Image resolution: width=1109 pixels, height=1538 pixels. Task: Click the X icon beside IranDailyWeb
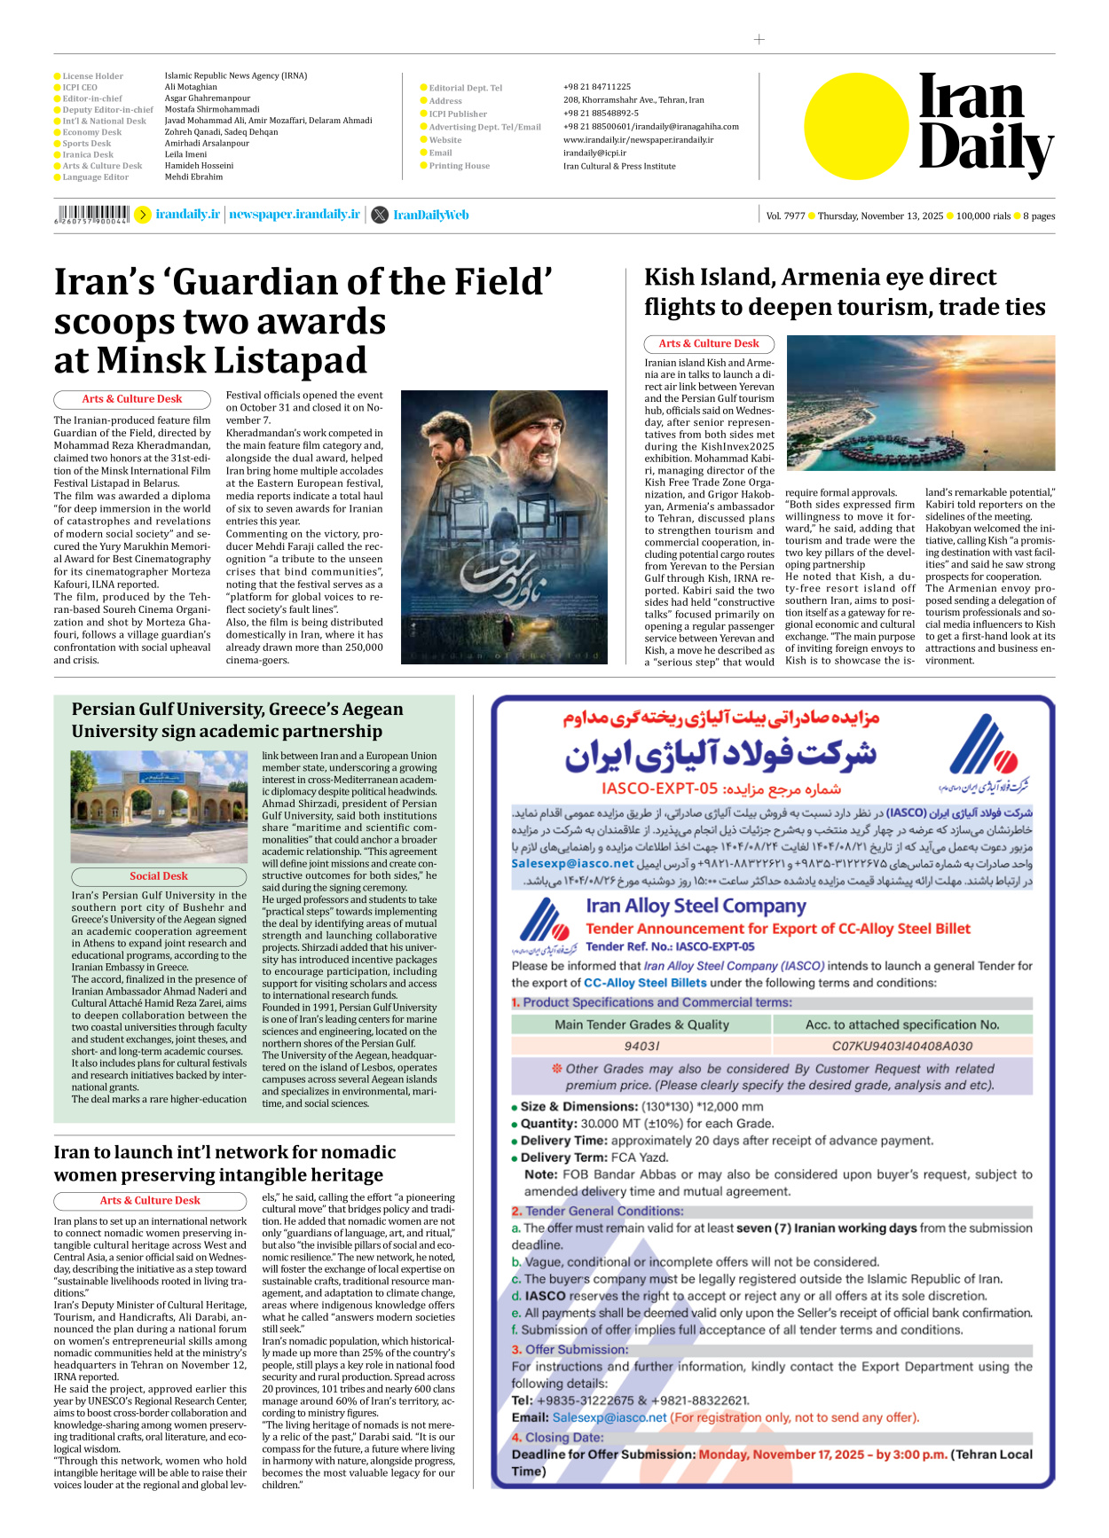pyautogui.click(x=380, y=215)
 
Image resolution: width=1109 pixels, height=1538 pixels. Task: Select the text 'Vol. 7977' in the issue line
pyautogui.click(x=786, y=216)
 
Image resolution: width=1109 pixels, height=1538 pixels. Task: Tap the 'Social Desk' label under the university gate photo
pyautogui.click(x=159, y=875)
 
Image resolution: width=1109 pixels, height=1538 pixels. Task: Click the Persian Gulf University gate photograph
pyautogui.click(x=159, y=805)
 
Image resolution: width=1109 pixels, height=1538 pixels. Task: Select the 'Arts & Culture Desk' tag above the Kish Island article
pyautogui.click(x=708, y=343)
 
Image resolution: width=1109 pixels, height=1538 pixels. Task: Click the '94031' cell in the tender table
pyautogui.click(x=641, y=1046)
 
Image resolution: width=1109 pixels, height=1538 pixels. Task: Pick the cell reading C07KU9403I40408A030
pyautogui.click(x=901, y=1046)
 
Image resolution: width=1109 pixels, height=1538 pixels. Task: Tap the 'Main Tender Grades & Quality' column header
pyautogui.click(x=641, y=1024)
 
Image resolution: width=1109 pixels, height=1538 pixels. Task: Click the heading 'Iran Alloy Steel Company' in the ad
pyautogui.click(x=696, y=906)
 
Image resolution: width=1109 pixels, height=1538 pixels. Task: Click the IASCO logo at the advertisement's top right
pyautogui.click(x=985, y=751)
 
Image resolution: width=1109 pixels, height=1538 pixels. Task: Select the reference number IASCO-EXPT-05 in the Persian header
pyautogui.click(x=659, y=789)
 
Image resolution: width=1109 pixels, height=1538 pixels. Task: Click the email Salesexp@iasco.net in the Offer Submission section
pyautogui.click(x=609, y=1417)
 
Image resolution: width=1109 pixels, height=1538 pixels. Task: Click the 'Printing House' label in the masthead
pyautogui.click(x=459, y=166)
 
